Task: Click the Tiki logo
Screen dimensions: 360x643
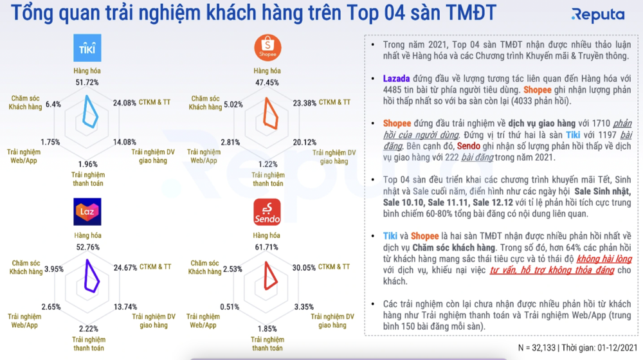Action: click(87, 49)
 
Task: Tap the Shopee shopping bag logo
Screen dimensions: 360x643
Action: click(267, 48)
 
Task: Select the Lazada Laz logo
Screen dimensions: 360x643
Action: click(87, 212)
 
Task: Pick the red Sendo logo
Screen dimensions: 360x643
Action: click(267, 212)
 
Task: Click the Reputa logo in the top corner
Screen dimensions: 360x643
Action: click(597, 14)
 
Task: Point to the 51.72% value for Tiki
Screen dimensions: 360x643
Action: click(87, 82)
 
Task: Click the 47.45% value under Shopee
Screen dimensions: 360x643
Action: click(267, 82)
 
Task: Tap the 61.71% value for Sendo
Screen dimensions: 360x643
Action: click(267, 247)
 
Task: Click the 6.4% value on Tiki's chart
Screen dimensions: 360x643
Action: click(53, 104)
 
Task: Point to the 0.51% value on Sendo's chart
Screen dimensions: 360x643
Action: click(230, 307)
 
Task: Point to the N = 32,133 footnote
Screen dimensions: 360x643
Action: click(540, 348)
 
